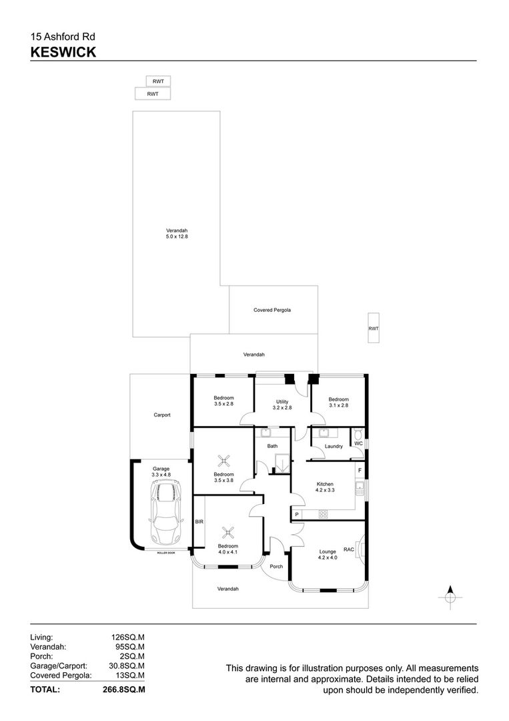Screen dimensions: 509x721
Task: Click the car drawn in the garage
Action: (165, 512)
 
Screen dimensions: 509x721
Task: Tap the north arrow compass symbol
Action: (450, 597)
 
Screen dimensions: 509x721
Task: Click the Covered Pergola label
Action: (272, 310)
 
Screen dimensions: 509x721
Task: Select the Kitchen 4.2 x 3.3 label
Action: (325, 487)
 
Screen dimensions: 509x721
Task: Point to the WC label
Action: (359, 443)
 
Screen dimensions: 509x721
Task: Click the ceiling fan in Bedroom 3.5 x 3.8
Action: (223, 460)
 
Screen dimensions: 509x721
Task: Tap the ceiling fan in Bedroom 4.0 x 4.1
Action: (228, 533)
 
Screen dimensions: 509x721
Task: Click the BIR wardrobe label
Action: (199, 522)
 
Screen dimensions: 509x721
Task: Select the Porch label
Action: (276, 567)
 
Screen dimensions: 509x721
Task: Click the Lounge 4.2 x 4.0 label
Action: (328, 555)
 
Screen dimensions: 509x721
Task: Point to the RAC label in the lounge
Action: (349, 549)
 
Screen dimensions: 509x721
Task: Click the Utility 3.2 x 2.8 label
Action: (282, 405)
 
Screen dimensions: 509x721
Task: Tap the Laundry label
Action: (334, 446)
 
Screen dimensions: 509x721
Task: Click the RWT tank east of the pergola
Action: (374, 328)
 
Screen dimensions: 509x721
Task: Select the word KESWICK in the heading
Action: (63, 52)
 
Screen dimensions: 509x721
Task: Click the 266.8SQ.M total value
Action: (123, 689)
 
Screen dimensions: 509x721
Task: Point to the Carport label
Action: (161, 415)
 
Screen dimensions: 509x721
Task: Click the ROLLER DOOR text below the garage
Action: (166, 553)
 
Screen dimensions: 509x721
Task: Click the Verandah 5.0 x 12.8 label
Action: (177, 234)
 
